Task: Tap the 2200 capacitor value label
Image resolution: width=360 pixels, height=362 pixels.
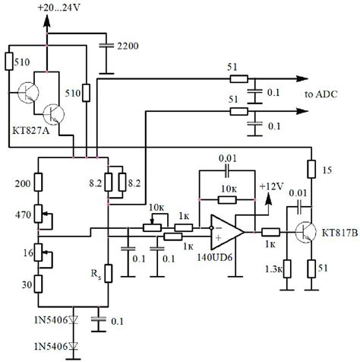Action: [128, 46]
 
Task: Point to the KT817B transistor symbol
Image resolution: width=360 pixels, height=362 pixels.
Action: [308, 232]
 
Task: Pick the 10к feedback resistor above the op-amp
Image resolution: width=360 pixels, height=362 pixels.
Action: [226, 200]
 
